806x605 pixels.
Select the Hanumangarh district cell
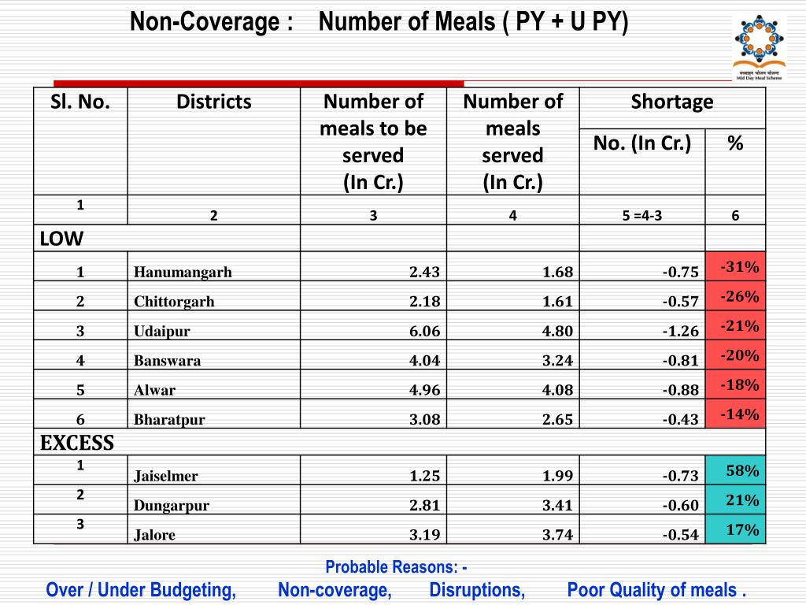(183, 273)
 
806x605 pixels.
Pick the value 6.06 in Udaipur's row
(424, 331)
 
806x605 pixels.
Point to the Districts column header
(213, 102)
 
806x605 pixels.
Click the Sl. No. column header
(80, 102)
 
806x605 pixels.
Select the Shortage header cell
(671, 102)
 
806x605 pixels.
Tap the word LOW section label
(62, 238)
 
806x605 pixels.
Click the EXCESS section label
(77, 443)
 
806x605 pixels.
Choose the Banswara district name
(167, 361)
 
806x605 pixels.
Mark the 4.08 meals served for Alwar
(557, 390)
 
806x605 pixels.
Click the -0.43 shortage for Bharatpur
(680, 419)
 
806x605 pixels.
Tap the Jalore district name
(154, 535)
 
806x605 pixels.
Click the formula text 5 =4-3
(637, 216)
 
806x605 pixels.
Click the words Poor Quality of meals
(656, 590)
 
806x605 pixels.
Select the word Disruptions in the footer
(477, 590)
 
